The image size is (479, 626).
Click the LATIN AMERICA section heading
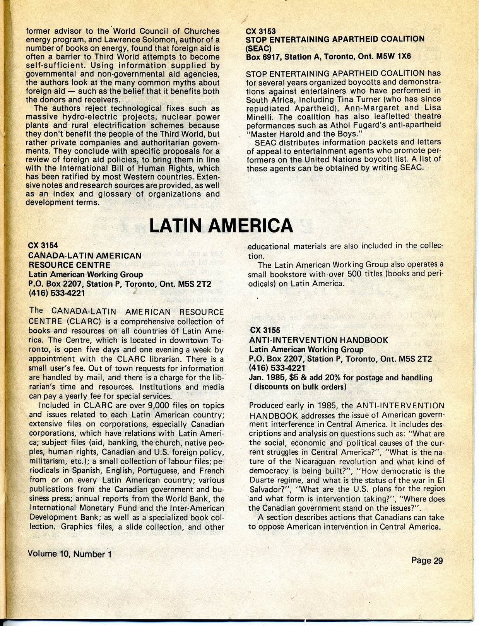pyautogui.click(x=221, y=226)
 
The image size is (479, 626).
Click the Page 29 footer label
pyautogui.click(x=427, y=560)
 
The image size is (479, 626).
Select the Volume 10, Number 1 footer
pyautogui.click(x=70, y=554)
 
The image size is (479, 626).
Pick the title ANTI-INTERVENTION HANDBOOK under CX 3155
pyautogui.click(x=318, y=340)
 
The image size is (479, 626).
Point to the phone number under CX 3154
pyautogui.click(x=56, y=293)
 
